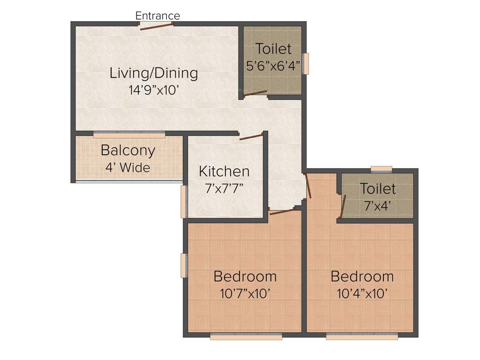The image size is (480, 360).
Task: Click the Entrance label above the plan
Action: [x=157, y=16]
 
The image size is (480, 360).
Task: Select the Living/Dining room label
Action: [x=154, y=73]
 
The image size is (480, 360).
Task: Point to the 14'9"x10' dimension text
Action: [x=154, y=90]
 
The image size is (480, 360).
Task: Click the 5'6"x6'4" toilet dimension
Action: [x=273, y=66]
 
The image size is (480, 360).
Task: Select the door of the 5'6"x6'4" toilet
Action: [x=255, y=93]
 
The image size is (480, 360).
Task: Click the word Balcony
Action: [x=128, y=151]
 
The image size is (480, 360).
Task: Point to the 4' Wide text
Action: [x=127, y=167]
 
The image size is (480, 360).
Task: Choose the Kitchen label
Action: [x=224, y=172]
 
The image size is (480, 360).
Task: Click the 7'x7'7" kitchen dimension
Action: [x=224, y=188]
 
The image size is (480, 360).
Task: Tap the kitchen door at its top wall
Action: [x=250, y=137]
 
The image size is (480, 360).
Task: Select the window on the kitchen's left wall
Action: [x=184, y=202]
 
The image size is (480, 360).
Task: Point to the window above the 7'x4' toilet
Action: [x=381, y=169]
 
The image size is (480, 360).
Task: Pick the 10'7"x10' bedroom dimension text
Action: [x=245, y=294]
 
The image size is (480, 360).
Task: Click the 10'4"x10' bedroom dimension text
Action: [x=362, y=294]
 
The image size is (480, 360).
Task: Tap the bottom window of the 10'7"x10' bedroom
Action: [x=246, y=336]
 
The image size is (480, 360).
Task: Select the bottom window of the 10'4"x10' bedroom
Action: [x=362, y=336]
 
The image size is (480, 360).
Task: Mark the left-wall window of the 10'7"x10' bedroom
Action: [x=184, y=265]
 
